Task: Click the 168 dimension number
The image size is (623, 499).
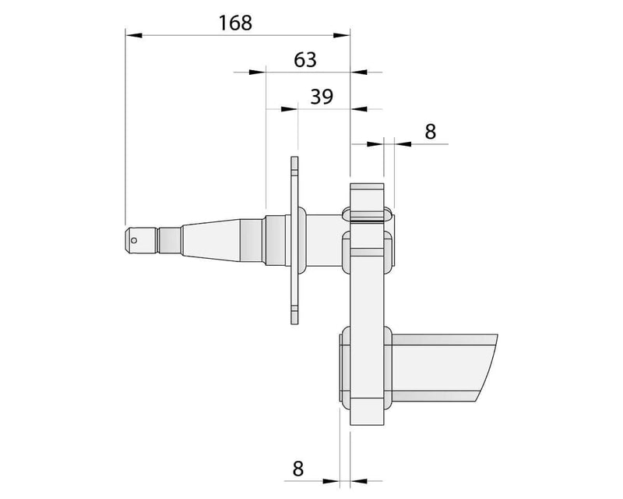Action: point(235,23)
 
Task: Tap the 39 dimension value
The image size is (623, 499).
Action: point(322,97)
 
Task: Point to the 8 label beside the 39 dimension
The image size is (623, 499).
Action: point(430,131)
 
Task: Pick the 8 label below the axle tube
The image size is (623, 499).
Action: point(297,469)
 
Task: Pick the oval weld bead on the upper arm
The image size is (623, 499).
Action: point(367,215)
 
